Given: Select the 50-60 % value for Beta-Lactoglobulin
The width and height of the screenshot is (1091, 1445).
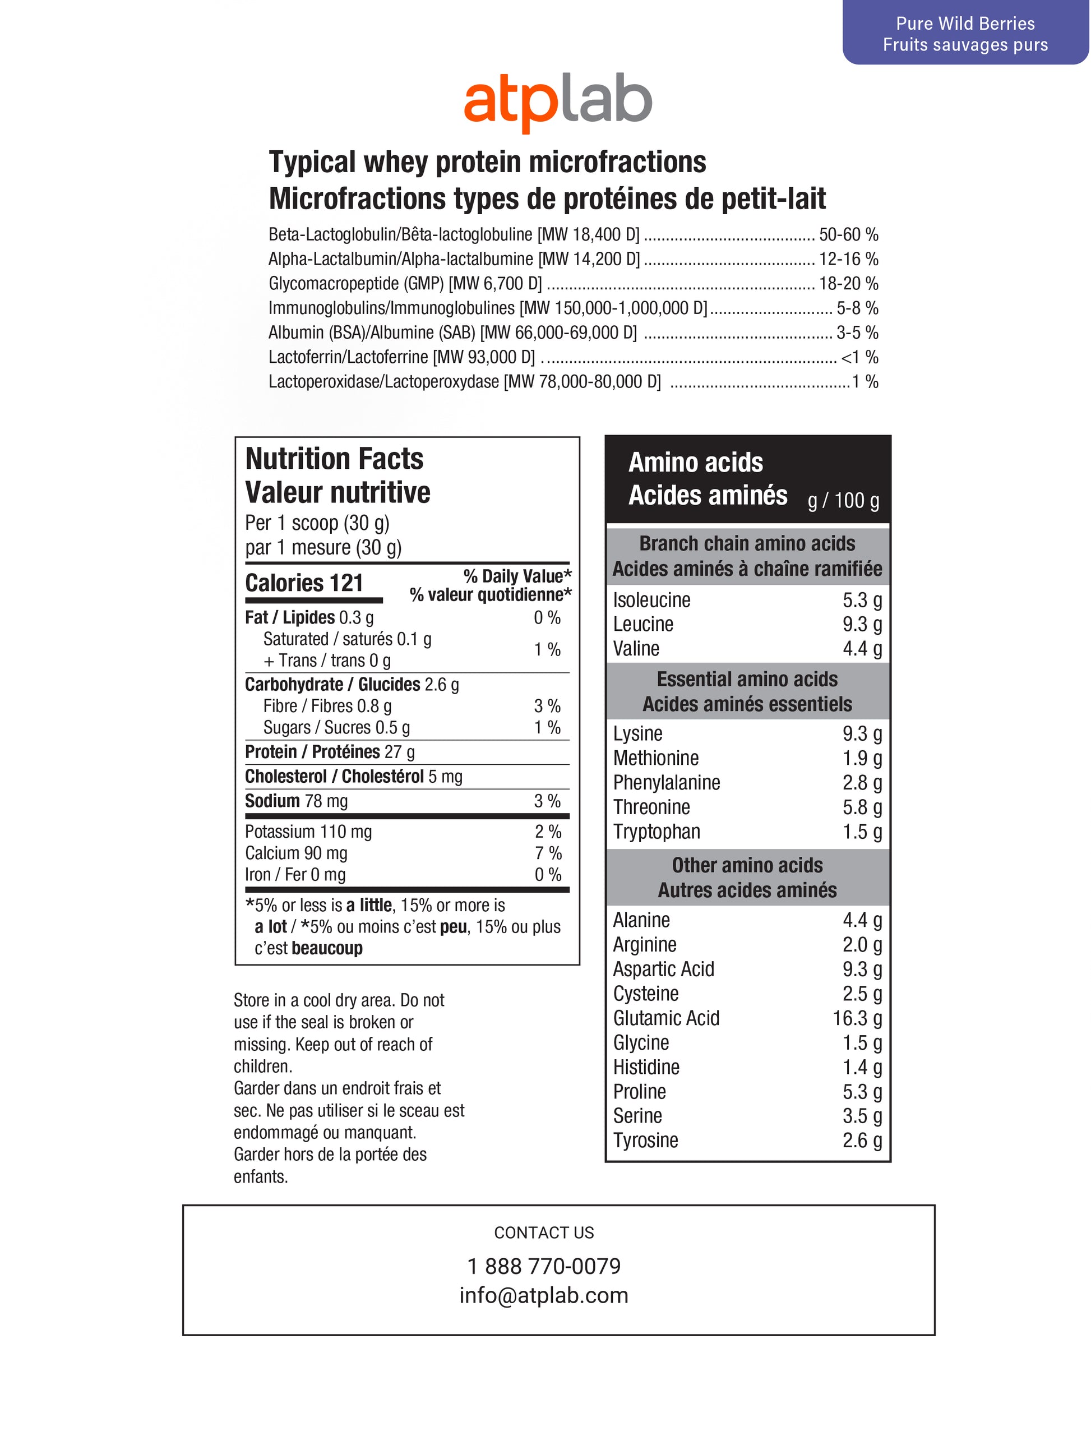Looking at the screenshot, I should point(848,234).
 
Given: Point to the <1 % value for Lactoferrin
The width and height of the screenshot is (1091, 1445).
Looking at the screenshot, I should point(859,357).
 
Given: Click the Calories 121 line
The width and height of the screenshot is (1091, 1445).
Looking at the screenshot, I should point(304,583).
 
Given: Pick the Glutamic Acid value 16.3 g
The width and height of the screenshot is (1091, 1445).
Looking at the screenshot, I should point(857,1018).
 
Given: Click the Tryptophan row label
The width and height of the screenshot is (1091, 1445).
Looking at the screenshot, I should point(656,832).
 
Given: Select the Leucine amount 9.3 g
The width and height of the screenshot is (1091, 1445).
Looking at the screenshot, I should point(862,625).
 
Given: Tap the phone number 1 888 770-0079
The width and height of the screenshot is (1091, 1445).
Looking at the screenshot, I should point(544,1266).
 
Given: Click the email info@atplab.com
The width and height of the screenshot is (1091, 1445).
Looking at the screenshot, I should point(544,1295).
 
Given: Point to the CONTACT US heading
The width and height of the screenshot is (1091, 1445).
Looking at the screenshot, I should point(544,1232).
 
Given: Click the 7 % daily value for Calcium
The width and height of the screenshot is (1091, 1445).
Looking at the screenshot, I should point(547,853).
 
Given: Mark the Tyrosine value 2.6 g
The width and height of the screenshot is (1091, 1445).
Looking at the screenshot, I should point(862,1141).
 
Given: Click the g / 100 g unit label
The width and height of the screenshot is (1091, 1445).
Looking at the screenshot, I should point(843,500).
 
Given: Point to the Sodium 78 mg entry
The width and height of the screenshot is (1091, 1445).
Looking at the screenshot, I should point(296,801).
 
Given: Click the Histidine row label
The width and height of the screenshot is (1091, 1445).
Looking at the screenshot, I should point(645,1068).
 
